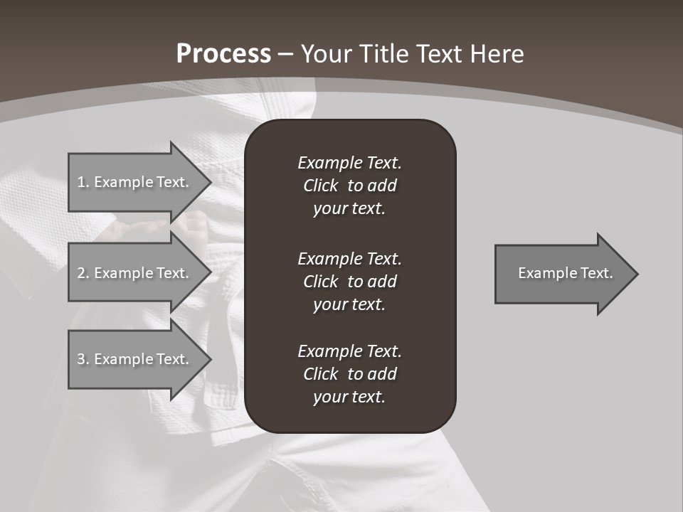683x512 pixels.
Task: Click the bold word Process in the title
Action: (x=223, y=54)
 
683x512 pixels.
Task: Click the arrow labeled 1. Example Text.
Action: (x=134, y=182)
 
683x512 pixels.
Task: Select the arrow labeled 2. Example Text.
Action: (x=134, y=273)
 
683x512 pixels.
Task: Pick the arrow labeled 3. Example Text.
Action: (x=134, y=359)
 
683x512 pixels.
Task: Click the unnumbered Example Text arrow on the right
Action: (x=565, y=273)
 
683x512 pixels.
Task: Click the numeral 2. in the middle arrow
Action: (x=83, y=273)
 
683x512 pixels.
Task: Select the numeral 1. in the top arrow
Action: (x=83, y=182)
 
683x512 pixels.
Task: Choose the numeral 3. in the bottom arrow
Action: (x=83, y=359)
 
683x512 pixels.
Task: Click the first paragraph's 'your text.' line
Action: (x=349, y=209)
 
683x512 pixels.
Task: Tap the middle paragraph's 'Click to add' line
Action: (x=349, y=282)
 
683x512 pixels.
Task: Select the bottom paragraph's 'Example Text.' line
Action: (x=349, y=351)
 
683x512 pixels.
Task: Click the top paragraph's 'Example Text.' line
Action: (x=349, y=163)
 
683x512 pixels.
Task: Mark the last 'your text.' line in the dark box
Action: (x=349, y=398)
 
